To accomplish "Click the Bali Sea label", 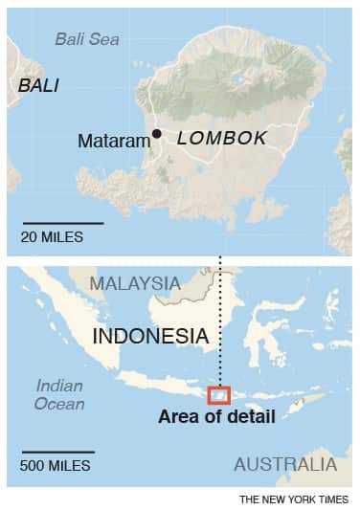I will point(86,39).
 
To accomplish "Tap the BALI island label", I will point(38,85).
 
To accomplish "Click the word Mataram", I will point(114,142).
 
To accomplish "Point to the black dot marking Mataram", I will point(157,135).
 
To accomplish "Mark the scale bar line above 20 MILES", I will point(61,222).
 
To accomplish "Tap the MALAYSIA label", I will point(135,284).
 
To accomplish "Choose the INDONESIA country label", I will point(150,336).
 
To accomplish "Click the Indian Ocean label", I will point(60,394).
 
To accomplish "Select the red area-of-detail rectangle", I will point(219,394).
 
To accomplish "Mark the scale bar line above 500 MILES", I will point(57,452).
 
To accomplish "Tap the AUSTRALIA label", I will point(285,465).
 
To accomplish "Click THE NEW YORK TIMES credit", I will point(294,499).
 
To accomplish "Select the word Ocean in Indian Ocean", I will point(60,404).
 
